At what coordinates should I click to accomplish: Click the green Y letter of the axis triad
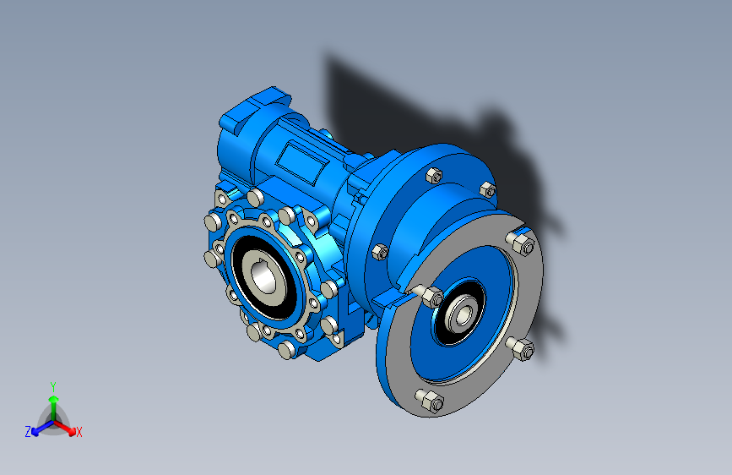pyautogui.click(x=53, y=387)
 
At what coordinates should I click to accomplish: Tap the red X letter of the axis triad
pyautogui.click(x=79, y=433)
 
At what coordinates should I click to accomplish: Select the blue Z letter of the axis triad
pyautogui.click(x=28, y=432)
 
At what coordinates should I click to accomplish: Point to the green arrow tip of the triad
pyautogui.click(x=54, y=399)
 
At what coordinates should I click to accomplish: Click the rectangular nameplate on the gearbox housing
pyautogui.click(x=302, y=162)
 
